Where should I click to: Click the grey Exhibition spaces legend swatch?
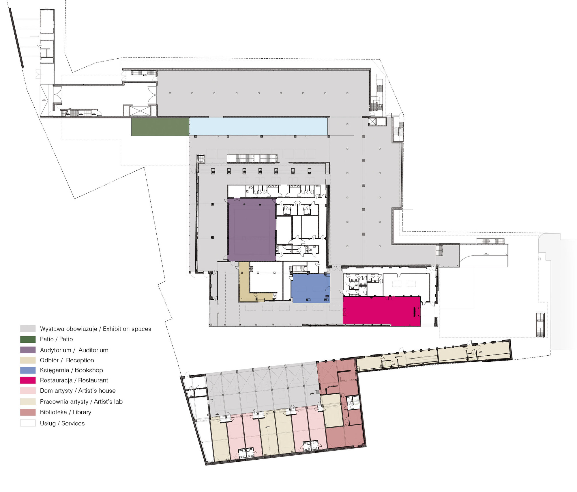coord(28,328)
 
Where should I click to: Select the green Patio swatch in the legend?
coord(28,339)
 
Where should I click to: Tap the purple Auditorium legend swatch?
coord(28,350)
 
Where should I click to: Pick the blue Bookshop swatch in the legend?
coord(28,370)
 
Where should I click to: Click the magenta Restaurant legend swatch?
coord(28,380)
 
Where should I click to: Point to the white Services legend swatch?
coord(28,423)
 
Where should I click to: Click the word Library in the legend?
coord(82,412)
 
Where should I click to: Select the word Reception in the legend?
coord(80,360)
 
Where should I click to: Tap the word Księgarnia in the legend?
coord(55,370)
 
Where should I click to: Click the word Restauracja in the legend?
coord(56,380)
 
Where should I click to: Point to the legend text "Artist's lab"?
coord(108,402)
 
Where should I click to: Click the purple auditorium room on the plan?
coord(252,230)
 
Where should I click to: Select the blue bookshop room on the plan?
coord(310,288)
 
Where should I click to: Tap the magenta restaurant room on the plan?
coord(381,311)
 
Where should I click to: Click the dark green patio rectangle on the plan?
coord(160,127)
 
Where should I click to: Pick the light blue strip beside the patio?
coord(258,127)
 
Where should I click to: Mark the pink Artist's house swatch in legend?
coord(28,391)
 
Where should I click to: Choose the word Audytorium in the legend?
coord(55,350)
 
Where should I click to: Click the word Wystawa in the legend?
coord(50,329)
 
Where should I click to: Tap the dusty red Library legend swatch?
coord(28,412)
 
